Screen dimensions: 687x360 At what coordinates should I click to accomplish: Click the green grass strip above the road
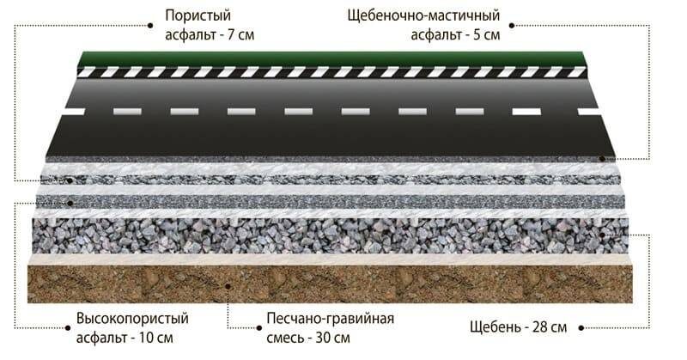point(331,58)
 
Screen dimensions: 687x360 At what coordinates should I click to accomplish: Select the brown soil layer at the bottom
point(331,284)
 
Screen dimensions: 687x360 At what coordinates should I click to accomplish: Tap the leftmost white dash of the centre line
point(73,111)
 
